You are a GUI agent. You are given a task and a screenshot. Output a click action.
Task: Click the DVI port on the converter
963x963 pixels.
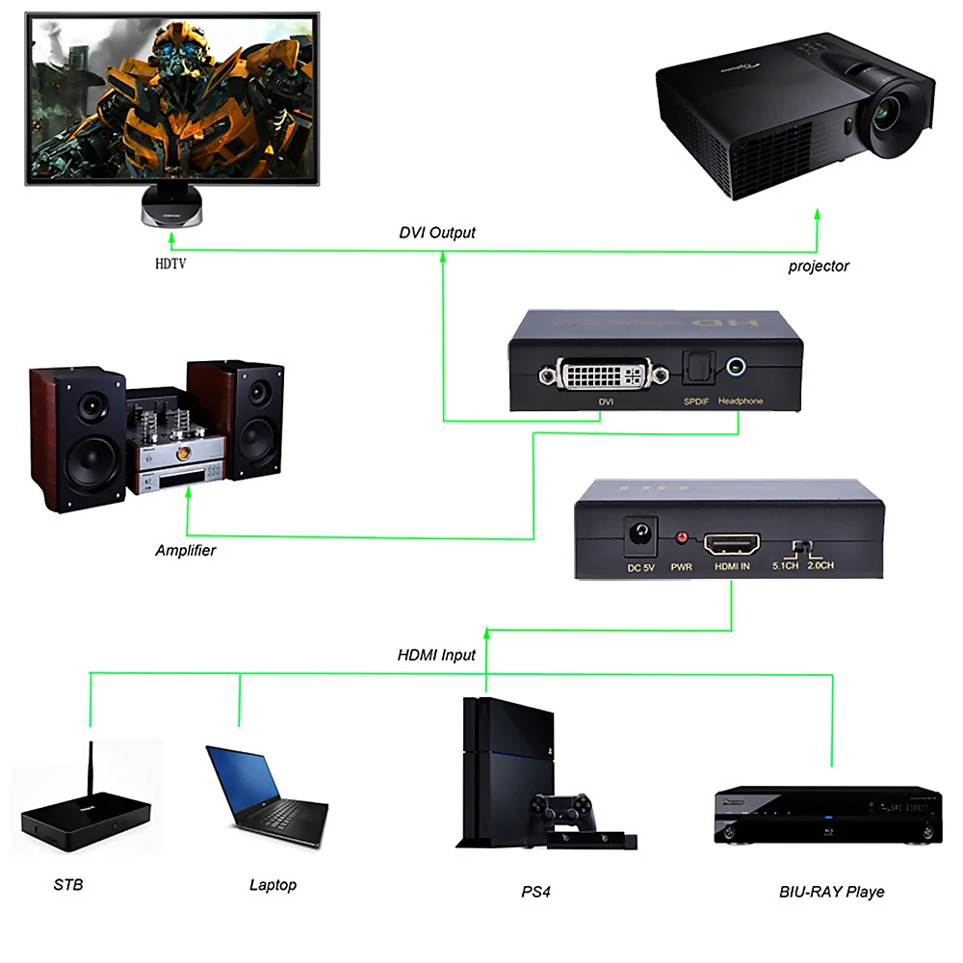(x=601, y=374)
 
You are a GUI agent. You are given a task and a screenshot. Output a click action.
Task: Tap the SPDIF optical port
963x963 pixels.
(x=695, y=366)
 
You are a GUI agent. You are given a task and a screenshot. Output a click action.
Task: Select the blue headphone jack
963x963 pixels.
(x=738, y=366)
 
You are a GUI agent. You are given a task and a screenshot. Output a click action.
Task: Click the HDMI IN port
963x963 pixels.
(x=732, y=544)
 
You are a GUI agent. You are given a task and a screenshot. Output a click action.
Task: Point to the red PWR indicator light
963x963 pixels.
(x=682, y=537)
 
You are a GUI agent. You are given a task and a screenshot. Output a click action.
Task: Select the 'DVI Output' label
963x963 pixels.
(x=437, y=233)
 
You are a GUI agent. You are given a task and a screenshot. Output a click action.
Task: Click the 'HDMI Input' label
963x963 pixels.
(x=436, y=655)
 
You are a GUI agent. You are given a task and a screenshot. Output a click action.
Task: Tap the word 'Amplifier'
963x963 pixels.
(x=186, y=551)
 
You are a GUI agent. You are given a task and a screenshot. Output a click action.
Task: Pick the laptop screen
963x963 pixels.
(x=245, y=774)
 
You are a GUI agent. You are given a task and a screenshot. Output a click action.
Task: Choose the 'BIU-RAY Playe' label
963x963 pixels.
(x=831, y=892)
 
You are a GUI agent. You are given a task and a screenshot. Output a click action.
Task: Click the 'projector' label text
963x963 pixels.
(x=819, y=266)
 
